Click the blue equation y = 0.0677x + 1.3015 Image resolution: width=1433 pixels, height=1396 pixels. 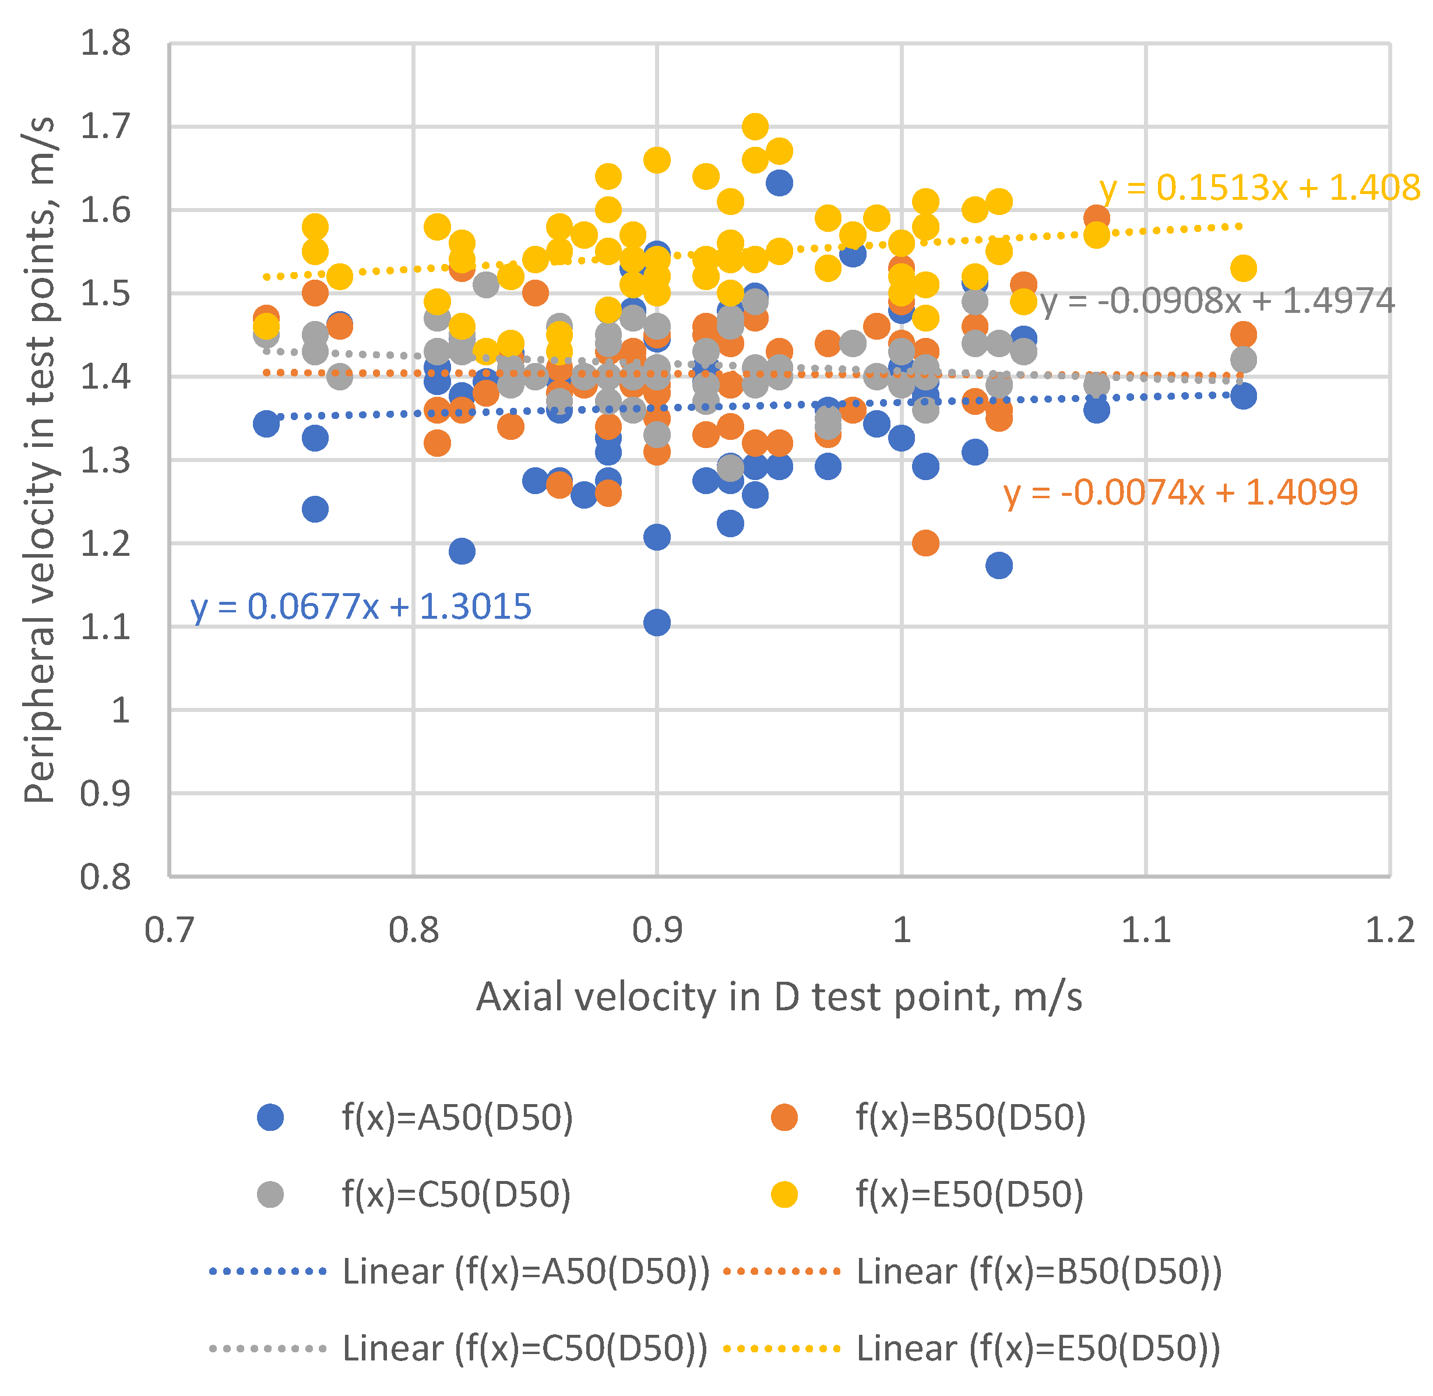361,608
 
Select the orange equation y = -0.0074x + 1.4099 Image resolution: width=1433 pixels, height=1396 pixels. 1181,493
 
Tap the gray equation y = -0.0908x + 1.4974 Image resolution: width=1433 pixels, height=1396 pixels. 1217,301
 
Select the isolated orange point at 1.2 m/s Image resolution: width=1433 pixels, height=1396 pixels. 925,543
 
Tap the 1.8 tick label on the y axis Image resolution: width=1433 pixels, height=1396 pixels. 105,44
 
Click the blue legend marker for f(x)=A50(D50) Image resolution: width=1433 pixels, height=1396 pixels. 270,1118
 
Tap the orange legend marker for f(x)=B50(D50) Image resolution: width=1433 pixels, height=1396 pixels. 784,1118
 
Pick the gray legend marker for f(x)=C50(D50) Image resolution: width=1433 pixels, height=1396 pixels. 270,1195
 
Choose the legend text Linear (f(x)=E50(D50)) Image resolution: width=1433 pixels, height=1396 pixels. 1038,1349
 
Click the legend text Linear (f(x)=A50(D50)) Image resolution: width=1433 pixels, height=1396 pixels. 526,1272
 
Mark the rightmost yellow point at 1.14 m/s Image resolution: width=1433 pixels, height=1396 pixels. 1244,269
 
